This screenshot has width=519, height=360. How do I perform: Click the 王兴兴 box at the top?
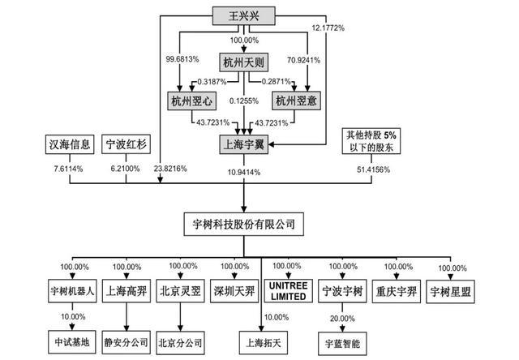(243, 16)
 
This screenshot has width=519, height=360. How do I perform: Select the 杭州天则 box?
(243, 62)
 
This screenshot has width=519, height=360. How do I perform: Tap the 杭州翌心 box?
(191, 101)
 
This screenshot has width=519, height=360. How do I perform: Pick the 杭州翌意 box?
(296, 101)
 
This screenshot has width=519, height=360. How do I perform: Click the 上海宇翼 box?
(243, 144)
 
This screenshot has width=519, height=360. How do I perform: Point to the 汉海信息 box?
(70, 144)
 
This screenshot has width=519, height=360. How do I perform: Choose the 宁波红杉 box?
(127, 144)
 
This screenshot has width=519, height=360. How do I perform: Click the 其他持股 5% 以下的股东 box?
(371, 141)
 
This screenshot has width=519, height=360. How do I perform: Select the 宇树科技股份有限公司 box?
(243, 225)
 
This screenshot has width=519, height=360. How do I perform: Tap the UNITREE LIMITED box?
(289, 291)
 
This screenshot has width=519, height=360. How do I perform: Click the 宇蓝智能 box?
(342, 344)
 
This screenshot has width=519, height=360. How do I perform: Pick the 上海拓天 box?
(264, 342)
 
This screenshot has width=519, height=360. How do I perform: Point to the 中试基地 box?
(72, 342)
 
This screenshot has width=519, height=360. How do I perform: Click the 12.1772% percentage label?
(328, 28)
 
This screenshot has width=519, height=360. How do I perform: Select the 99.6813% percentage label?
(182, 59)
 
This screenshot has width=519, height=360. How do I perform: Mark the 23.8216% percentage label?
(170, 169)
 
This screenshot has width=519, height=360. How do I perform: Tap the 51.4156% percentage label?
(373, 169)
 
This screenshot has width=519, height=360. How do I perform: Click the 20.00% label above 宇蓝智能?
(342, 319)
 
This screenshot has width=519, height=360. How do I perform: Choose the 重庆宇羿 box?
(397, 292)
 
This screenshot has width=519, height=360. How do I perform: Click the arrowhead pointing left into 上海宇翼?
(271, 144)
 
